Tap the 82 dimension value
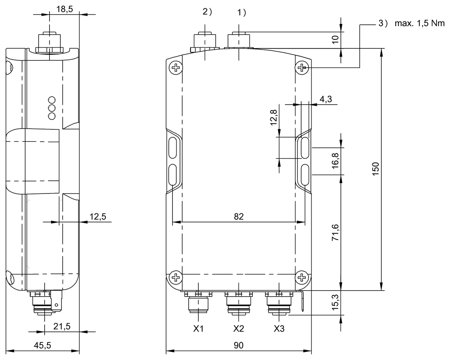coord(239,216)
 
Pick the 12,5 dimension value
coord(98,216)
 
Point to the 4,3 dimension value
coord(325,99)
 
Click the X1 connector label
coord(198,329)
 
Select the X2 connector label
coord(239,329)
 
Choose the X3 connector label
coord(279,329)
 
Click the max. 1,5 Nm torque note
coord(419,24)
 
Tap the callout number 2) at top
coord(207,12)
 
